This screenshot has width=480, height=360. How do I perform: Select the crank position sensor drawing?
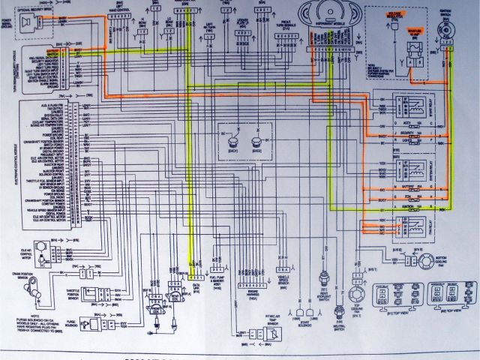click(x=37, y=281)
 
